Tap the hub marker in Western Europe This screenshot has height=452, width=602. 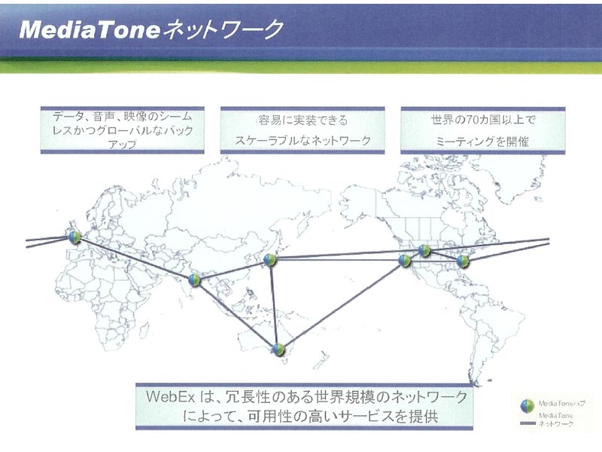74,237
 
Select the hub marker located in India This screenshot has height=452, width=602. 194,280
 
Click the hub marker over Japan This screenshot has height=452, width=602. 270,260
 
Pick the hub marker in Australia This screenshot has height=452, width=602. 278,349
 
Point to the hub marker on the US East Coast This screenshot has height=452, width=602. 463,261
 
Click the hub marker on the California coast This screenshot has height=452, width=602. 405,260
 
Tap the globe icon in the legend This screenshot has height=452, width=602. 528,406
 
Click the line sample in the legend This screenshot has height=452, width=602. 528,423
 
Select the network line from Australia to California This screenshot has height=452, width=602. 342,305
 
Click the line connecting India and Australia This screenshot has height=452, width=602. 236,315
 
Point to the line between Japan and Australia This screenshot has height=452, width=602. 274,304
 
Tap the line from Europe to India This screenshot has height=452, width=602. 135,258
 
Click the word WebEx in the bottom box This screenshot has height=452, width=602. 171,396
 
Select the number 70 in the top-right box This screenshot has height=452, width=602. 473,120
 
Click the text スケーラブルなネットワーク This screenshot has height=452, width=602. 303,140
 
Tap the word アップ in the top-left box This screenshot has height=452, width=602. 122,145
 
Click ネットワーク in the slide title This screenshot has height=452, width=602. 223,29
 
